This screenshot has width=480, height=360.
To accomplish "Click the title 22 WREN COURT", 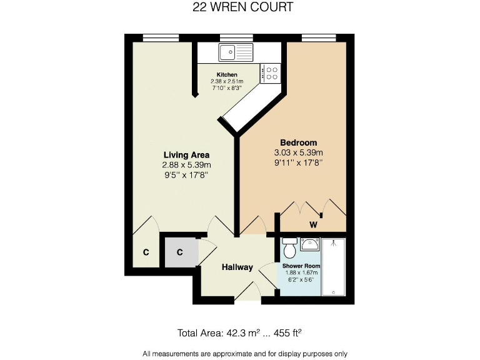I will click(241, 7).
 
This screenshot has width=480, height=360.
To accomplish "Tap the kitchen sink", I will click(235, 52).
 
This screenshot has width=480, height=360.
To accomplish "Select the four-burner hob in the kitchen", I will click(271, 73).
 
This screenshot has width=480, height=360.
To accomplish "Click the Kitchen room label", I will click(226, 74).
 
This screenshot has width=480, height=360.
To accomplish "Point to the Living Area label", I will click(186, 154).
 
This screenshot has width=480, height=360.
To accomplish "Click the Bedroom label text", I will click(298, 142).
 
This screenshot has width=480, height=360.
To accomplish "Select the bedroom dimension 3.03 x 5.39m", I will click(298, 152).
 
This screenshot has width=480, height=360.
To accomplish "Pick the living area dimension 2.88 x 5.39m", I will click(186, 165).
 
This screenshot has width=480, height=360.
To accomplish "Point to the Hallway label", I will click(237, 267).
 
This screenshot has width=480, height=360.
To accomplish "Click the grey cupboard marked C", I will click(179, 252).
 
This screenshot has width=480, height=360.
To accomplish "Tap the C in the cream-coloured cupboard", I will click(146, 252).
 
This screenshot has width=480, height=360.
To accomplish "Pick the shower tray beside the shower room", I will click(336, 267).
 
